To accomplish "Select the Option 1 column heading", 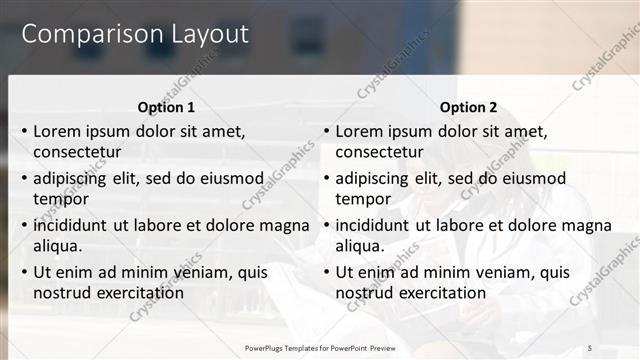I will [x=165, y=107].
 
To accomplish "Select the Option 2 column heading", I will [x=468, y=107].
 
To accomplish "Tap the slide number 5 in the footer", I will [x=589, y=347].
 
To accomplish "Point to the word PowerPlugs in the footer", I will [x=265, y=347].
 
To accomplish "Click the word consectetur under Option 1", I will [x=77, y=153].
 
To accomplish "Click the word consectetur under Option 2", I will [x=379, y=153].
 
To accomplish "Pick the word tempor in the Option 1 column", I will [x=57, y=199].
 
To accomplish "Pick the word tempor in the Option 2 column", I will [x=359, y=199].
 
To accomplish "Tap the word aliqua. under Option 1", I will [x=57, y=246].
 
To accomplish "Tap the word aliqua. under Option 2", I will [x=359, y=246].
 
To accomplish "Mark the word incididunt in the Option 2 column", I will [x=372, y=225].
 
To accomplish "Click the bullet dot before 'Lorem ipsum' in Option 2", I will [x=326, y=131].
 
